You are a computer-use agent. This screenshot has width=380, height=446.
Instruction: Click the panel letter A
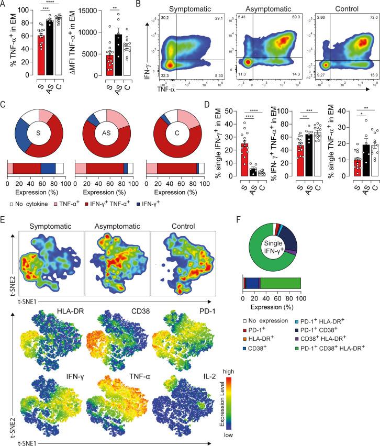(x=4, y=5)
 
